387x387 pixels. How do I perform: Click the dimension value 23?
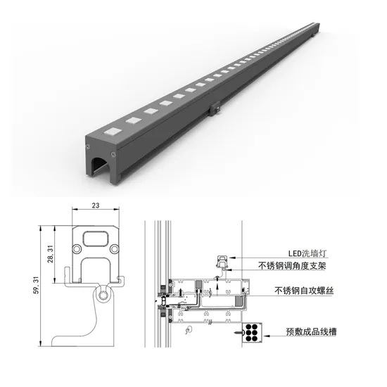[x=96, y=205]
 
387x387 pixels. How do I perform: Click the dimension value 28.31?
[x=51, y=254]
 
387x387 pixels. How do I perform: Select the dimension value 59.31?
[x=36, y=285]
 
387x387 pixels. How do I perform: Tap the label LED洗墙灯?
[x=307, y=253]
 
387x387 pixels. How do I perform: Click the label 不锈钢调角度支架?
[x=292, y=266]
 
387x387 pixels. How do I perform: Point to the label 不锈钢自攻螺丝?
[x=304, y=291]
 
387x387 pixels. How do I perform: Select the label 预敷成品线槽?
[x=311, y=331]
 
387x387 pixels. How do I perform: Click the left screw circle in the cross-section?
[x=77, y=248]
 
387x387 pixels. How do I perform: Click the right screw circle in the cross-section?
[x=114, y=249]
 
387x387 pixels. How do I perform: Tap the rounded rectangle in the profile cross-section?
[x=95, y=239]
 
